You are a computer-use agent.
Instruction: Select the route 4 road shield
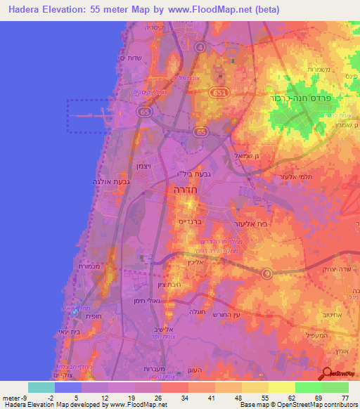click(200, 46)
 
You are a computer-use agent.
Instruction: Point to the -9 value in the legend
click(16, 397)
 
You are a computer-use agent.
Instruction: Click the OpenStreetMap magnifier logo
click(328, 375)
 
